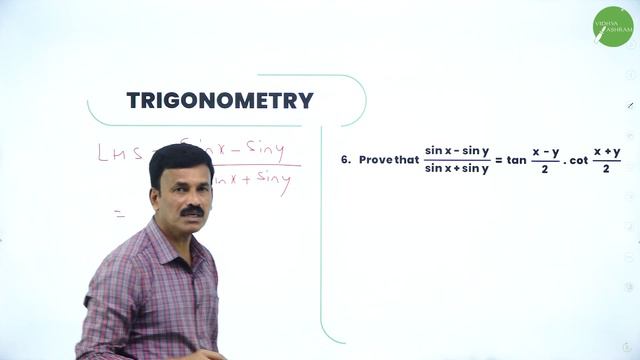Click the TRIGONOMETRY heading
tap(220, 101)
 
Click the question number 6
tap(346, 159)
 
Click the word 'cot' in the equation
tap(576, 159)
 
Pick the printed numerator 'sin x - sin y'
tap(457, 151)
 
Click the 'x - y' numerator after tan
tap(545, 151)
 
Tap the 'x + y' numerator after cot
tap(607, 151)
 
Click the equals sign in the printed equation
tap(498, 159)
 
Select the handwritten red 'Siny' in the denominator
tap(271, 182)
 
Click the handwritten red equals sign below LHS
tap(119, 213)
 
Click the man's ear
tap(155, 193)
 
